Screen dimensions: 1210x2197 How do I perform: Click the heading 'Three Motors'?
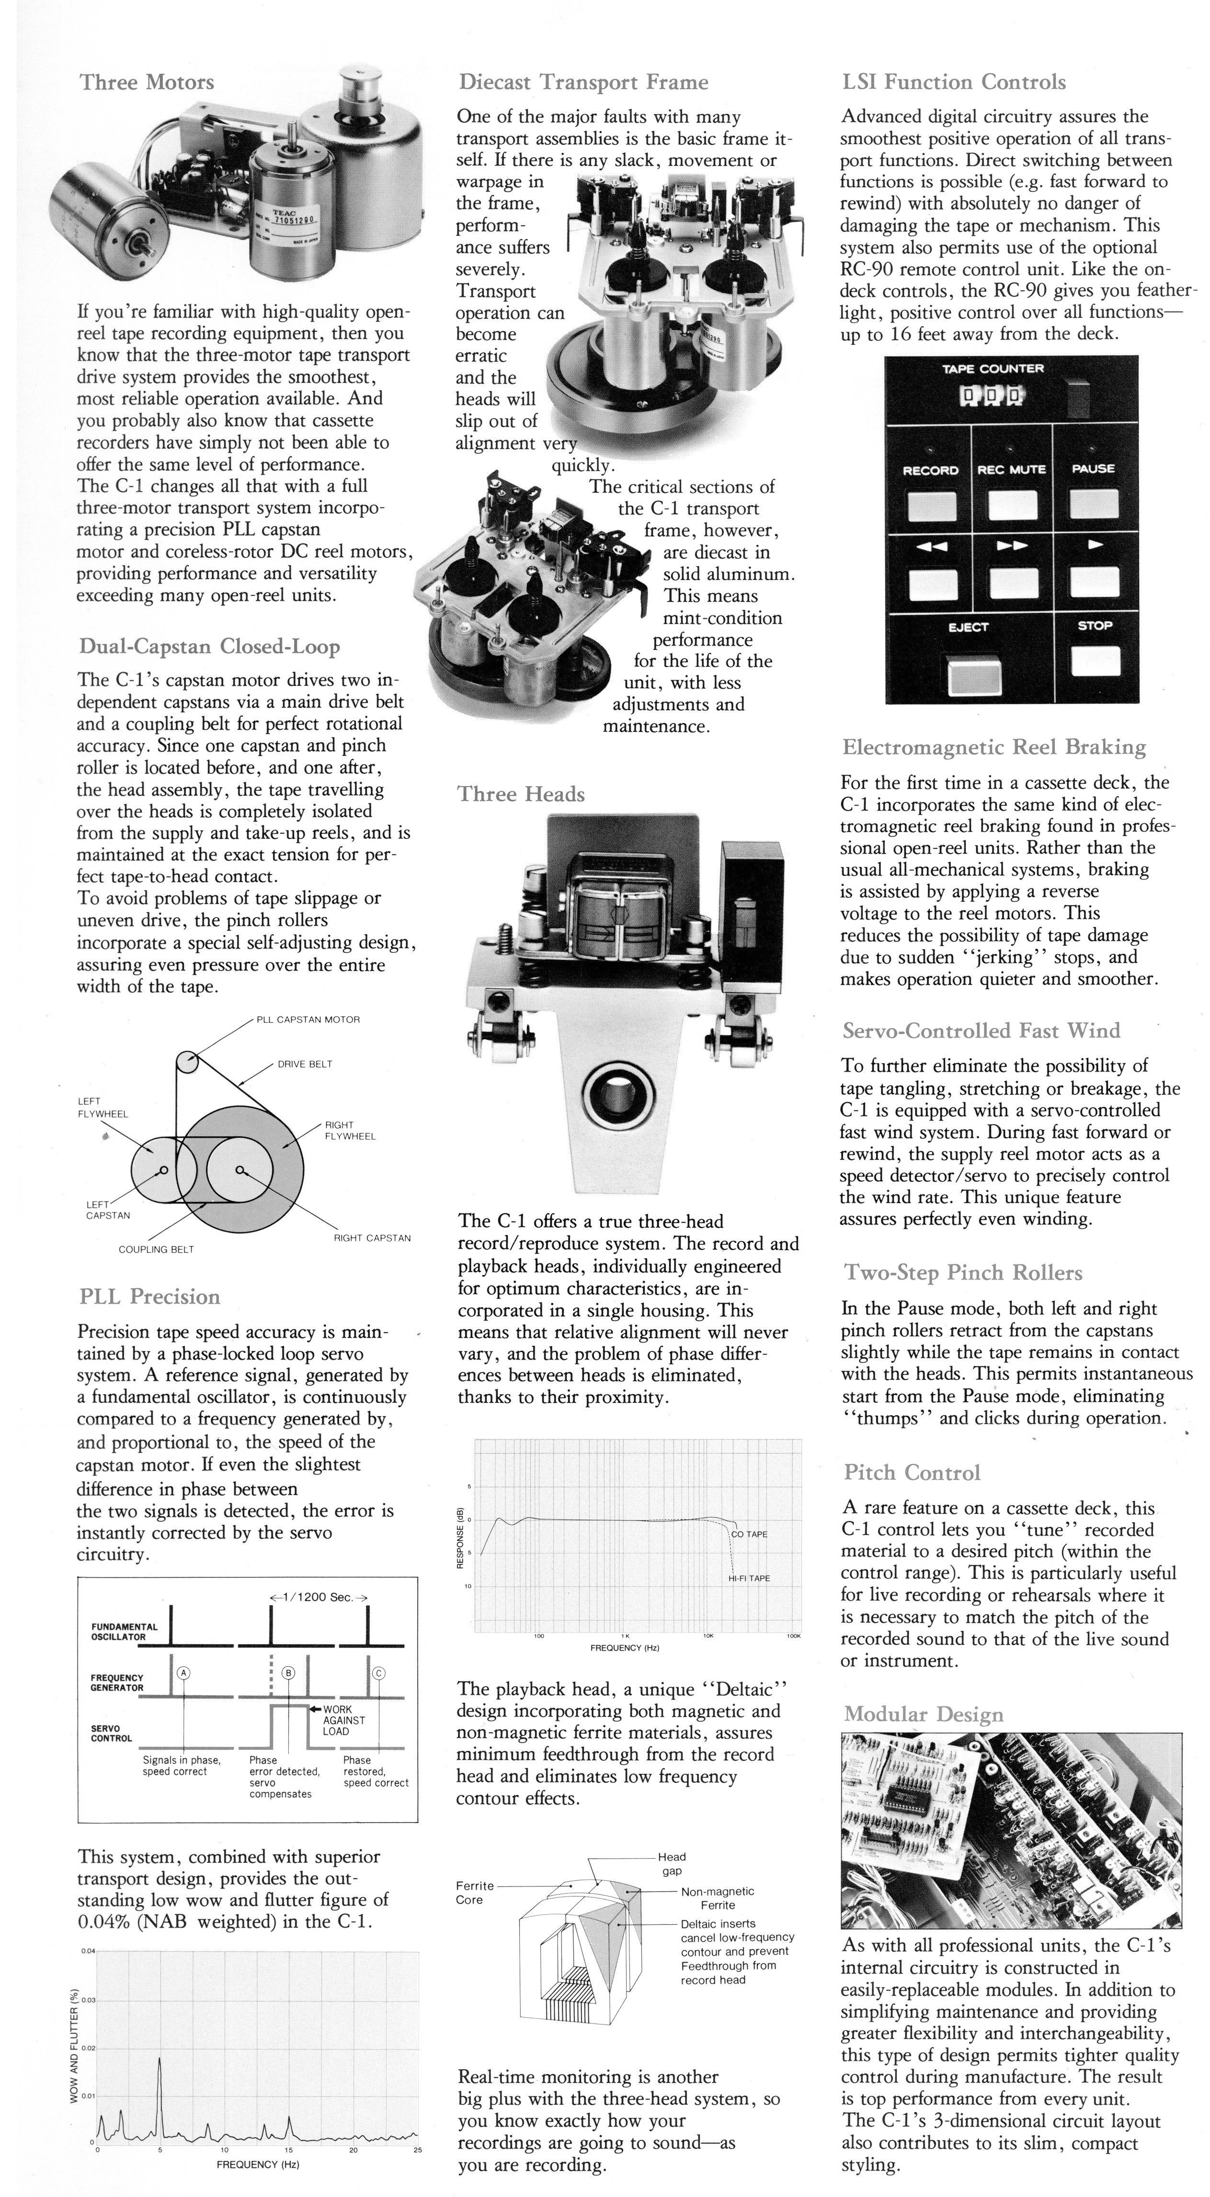[x=147, y=83]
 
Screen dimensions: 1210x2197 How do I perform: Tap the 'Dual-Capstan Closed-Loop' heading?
[x=210, y=647]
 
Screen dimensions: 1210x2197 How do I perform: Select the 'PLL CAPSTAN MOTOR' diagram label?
[x=308, y=1019]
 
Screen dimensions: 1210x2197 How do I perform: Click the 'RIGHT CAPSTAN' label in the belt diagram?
[x=372, y=1237]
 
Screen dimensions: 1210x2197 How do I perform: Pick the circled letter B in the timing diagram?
[x=288, y=1673]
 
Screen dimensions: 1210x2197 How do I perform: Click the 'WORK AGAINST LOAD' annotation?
[x=343, y=1720]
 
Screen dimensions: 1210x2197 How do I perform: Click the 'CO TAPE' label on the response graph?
[x=750, y=1534]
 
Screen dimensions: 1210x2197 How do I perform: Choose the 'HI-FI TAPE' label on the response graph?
[x=749, y=1578]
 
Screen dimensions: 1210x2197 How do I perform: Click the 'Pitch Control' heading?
[x=912, y=1473]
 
